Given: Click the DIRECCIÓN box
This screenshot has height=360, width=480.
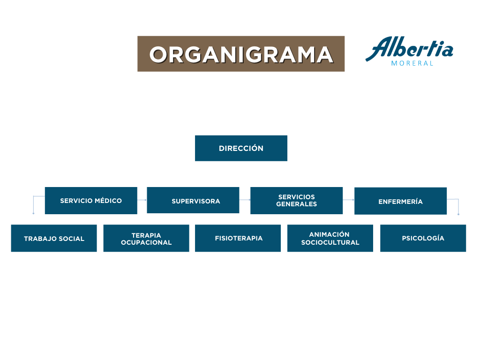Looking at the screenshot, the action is tap(241, 148).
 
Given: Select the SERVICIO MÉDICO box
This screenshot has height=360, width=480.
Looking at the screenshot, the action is tap(91, 201).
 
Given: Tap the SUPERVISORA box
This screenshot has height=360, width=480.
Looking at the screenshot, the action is tap(193, 200).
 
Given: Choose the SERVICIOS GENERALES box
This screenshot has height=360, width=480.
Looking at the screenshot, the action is tap(296, 201).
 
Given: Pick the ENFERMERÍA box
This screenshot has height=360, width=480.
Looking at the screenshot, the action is tap(400, 201).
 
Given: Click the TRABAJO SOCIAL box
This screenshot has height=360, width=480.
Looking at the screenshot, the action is tap(54, 238).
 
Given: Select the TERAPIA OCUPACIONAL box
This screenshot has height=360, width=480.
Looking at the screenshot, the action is tap(146, 238).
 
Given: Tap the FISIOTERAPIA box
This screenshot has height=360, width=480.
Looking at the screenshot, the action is tap(238, 238).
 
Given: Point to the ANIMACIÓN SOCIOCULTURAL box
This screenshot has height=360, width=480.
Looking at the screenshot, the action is tap(330, 238).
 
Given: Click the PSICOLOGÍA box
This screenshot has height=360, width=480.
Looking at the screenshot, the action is tap(423, 238).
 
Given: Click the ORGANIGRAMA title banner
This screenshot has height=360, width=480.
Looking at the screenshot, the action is tap(241, 54).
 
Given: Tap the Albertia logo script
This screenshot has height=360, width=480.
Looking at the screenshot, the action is tap(409, 48).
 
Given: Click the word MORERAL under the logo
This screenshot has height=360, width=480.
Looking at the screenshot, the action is tap(412, 63).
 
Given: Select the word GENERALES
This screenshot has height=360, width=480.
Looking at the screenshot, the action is tap(297, 204).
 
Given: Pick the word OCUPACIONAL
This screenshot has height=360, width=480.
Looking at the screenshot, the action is tap(146, 242).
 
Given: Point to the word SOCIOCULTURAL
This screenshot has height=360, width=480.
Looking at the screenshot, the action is tap(330, 242).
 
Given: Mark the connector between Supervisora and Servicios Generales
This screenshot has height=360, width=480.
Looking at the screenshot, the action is tap(245, 200).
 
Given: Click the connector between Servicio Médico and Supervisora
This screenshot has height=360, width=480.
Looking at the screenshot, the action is tap(142, 200).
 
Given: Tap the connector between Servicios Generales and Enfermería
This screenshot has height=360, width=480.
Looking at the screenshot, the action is tap(348, 200).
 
